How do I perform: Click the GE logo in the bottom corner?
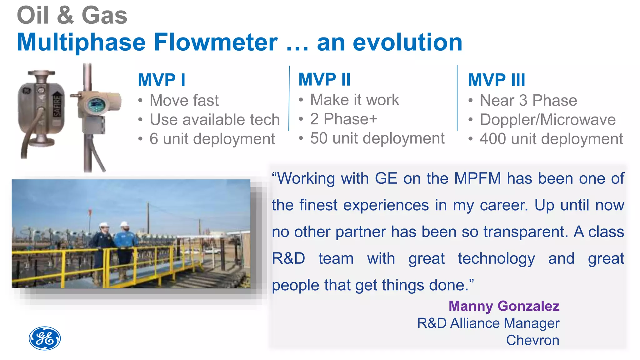click(45, 338)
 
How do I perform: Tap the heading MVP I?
click(161, 80)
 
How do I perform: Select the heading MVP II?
click(324, 79)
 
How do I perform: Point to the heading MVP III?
click(496, 80)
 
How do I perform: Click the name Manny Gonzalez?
click(504, 306)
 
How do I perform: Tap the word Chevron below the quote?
click(532, 340)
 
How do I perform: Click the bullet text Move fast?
click(184, 101)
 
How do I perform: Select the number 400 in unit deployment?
click(492, 139)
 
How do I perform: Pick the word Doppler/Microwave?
click(547, 120)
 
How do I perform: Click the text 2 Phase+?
click(344, 119)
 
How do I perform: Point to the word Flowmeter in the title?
click(216, 42)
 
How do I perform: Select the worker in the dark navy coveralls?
click(102, 247)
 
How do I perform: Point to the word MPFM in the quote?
click(477, 178)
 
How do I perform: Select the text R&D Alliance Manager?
click(488, 323)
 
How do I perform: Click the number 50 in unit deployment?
click(318, 138)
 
